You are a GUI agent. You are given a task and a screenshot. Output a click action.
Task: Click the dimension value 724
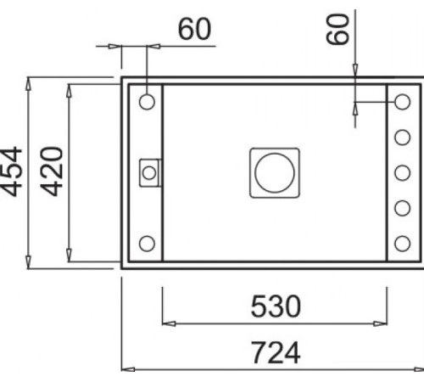click(275, 352)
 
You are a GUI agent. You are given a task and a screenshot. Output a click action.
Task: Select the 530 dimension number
click(275, 306)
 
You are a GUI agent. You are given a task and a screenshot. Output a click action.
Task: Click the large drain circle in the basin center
click(274, 172)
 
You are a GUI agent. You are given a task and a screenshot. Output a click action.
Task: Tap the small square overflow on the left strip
click(149, 172)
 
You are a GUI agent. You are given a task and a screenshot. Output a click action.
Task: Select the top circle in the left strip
click(147, 102)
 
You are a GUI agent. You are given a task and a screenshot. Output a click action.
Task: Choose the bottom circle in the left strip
click(147, 244)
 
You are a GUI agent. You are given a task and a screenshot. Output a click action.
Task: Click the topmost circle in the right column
click(402, 102)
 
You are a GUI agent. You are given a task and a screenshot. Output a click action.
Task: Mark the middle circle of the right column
click(402, 172)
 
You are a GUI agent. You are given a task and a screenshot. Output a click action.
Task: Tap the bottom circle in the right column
click(402, 244)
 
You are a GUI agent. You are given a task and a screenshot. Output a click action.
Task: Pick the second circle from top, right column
click(402, 137)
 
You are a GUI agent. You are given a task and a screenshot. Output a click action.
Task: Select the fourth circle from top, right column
click(402, 208)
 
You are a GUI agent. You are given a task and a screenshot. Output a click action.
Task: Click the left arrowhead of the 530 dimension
click(167, 323)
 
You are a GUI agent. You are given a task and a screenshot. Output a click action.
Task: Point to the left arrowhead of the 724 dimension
click(127, 368)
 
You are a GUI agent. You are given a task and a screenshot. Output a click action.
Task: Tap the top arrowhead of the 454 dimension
click(30, 82)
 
